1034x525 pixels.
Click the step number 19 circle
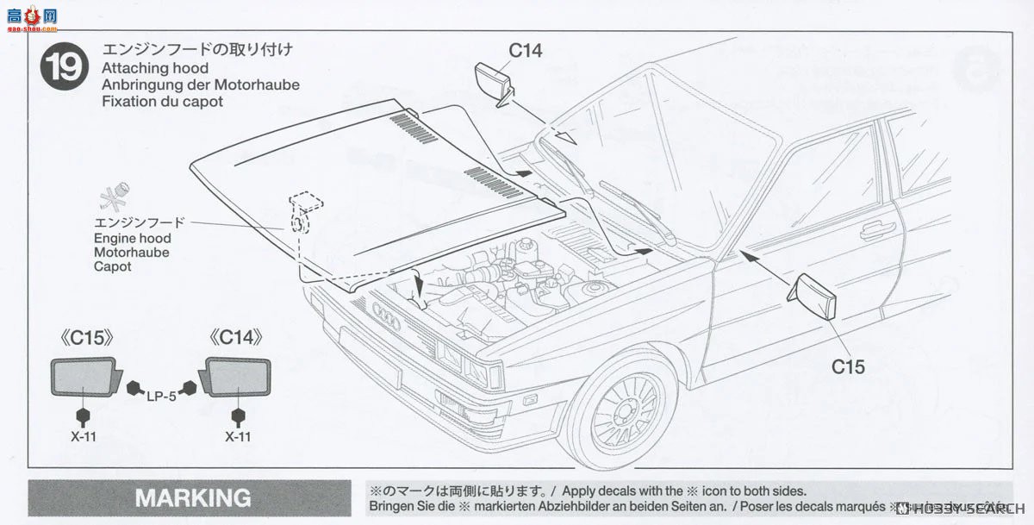[x=65, y=66]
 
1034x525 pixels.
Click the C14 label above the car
[x=525, y=50]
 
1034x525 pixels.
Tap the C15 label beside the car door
[x=848, y=366]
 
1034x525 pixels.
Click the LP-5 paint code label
[x=160, y=396]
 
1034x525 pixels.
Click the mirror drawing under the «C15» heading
[x=84, y=377]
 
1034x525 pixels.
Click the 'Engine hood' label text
[x=133, y=238]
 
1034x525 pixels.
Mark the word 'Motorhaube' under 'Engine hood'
[x=132, y=253]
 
